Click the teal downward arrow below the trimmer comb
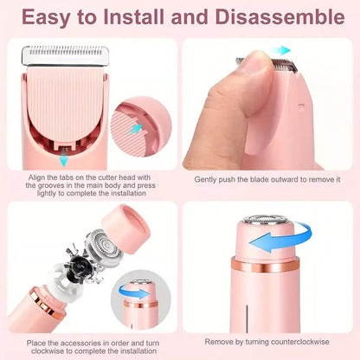click(62, 159)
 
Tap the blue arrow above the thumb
click(281, 52)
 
